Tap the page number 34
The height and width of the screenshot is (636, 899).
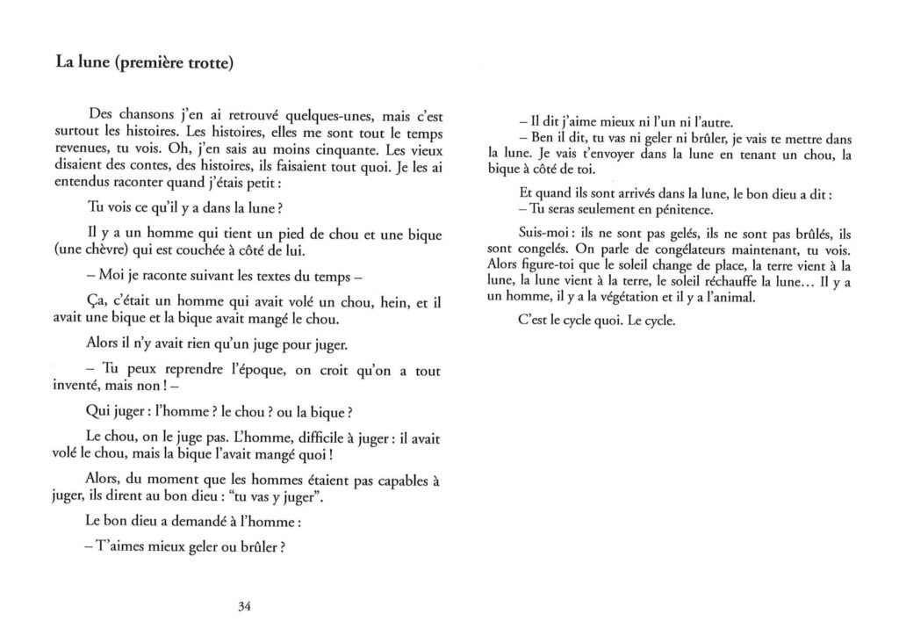point(245,605)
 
